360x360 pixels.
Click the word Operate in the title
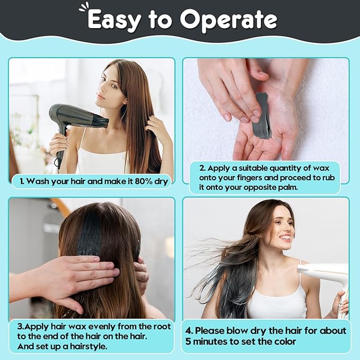229,20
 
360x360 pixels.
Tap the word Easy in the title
114,20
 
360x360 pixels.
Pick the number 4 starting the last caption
189,331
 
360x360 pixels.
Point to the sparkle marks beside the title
83,7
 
